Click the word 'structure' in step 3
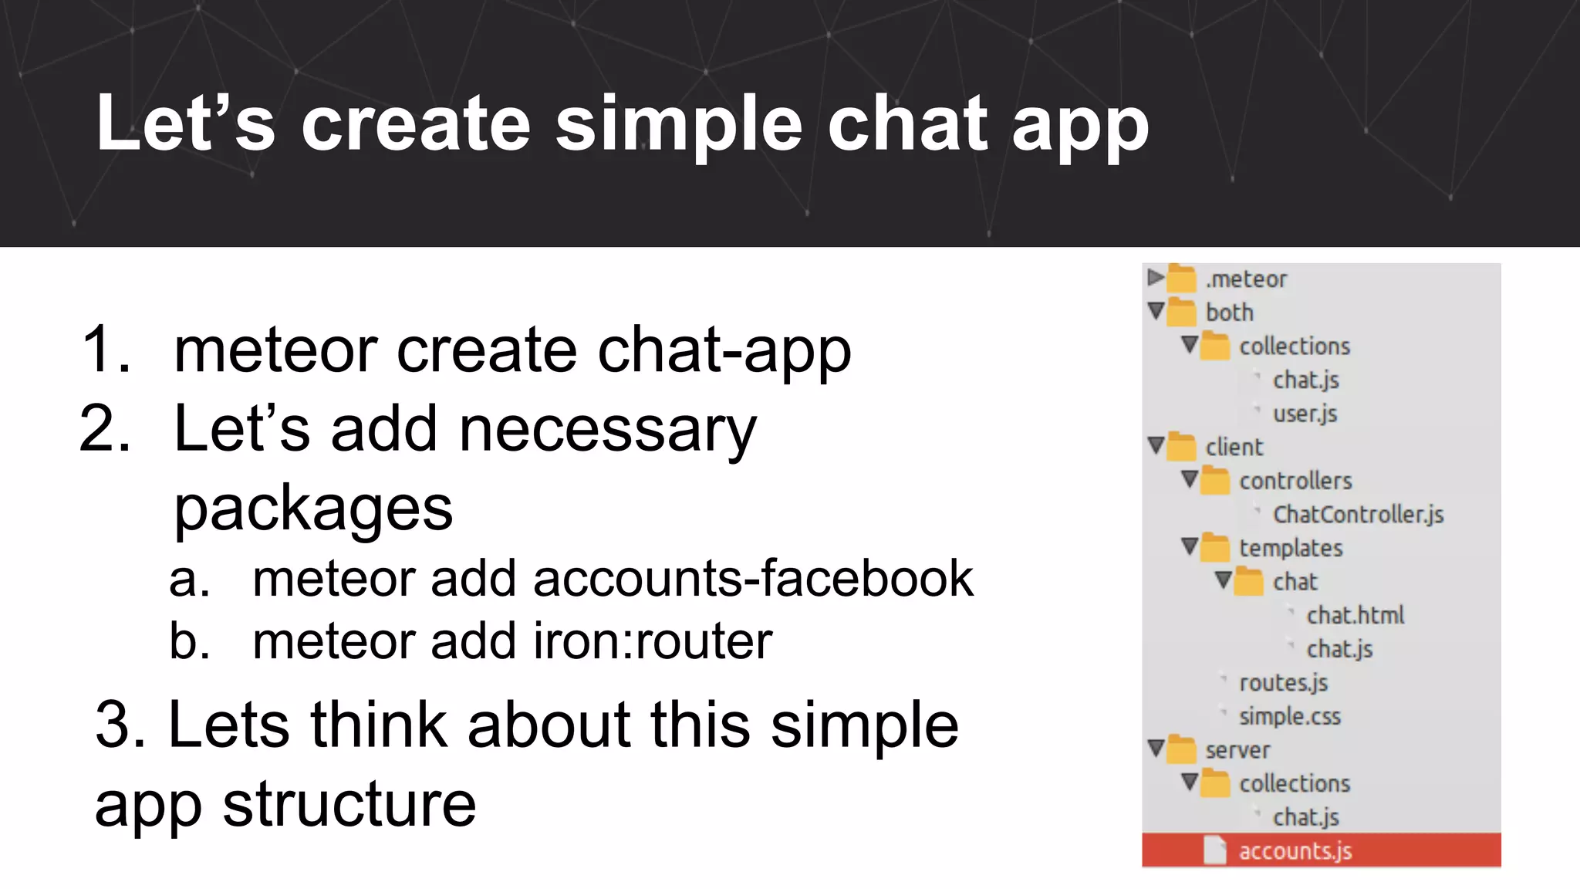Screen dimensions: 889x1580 point(349,804)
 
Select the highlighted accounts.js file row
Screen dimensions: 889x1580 point(1321,850)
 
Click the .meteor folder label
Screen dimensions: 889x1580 point(1246,279)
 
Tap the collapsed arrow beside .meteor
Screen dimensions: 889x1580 point(1155,277)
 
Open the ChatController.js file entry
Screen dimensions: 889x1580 point(1358,515)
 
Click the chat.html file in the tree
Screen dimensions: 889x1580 point(1355,615)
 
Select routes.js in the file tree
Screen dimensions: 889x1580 point(1283,683)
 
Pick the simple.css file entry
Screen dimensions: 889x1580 point(1290,716)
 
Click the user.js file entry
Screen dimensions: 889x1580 point(1305,414)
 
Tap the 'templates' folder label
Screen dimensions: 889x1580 point(1291,548)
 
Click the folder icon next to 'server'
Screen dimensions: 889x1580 point(1181,749)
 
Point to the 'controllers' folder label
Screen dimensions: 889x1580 point(1295,481)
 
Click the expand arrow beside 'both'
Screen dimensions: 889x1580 point(1156,311)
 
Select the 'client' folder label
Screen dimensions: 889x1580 point(1234,447)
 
